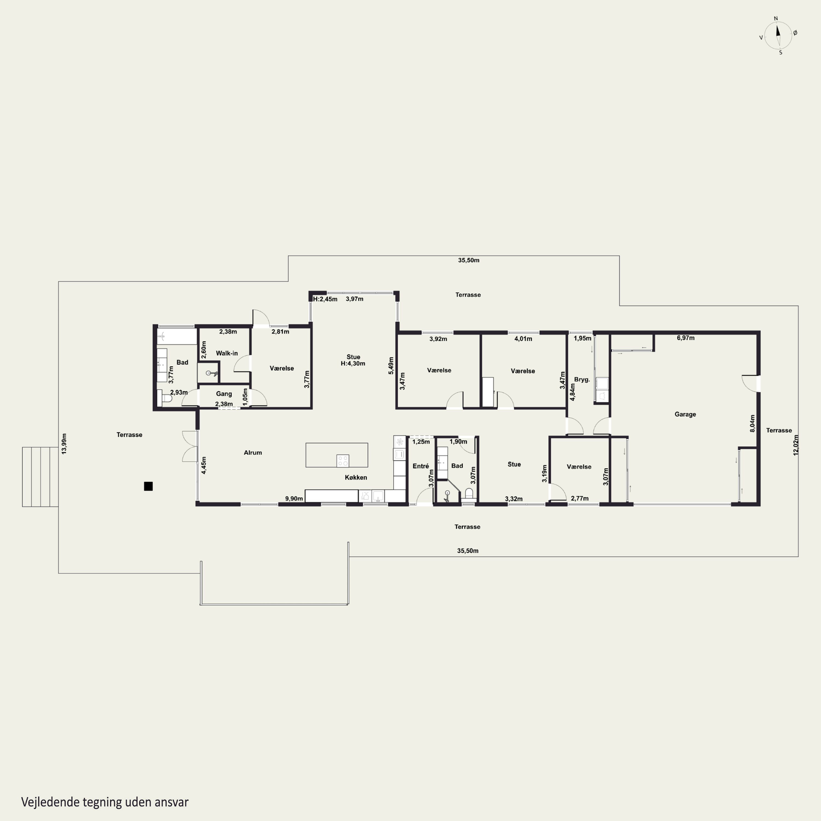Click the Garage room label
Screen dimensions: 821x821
click(x=685, y=414)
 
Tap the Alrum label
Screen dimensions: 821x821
click(x=253, y=453)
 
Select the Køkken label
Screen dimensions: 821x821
click(x=356, y=477)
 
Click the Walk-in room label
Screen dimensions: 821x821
click(x=227, y=353)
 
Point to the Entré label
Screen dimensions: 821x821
click(x=421, y=466)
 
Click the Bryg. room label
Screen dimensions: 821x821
click(x=582, y=380)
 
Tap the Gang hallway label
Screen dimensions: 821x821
click(x=224, y=394)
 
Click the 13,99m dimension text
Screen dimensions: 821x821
click(x=64, y=444)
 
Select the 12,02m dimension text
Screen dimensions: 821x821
click(x=796, y=445)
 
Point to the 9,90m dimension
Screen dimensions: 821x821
click(x=294, y=498)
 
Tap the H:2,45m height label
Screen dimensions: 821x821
click(x=325, y=299)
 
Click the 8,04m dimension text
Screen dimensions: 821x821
click(x=753, y=424)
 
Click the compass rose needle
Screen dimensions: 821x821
click(x=779, y=36)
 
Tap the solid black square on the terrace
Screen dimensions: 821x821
click(x=148, y=486)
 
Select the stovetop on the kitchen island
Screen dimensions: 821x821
click(x=343, y=460)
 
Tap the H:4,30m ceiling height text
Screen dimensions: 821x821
click(x=353, y=363)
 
